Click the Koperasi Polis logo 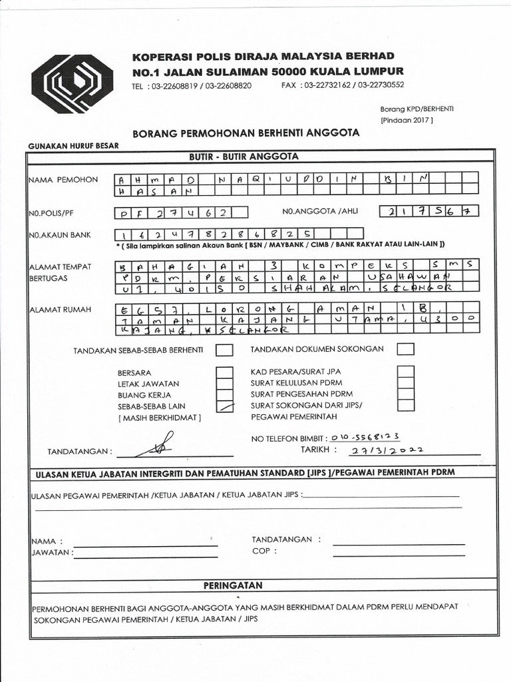click(x=73, y=84)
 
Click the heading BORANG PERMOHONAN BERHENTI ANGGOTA click(x=246, y=133)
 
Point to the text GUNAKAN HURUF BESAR click(x=73, y=147)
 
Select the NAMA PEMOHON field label click(x=63, y=180)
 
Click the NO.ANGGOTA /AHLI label click(x=320, y=212)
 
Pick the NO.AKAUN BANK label click(x=59, y=235)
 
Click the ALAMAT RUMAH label click(x=61, y=309)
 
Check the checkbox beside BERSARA click(x=226, y=373)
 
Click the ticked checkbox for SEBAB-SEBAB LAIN click(x=226, y=406)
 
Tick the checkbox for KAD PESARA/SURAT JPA click(x=406, y=372)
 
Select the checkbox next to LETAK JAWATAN click(x=226, y=384)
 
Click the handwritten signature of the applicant click(x=157, y=445)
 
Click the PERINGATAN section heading click(x=233, y=585)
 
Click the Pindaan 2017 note click(x=407, y=121)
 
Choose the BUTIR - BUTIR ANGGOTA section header click(x=244, y=157)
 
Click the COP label click(x=261, y=551)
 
